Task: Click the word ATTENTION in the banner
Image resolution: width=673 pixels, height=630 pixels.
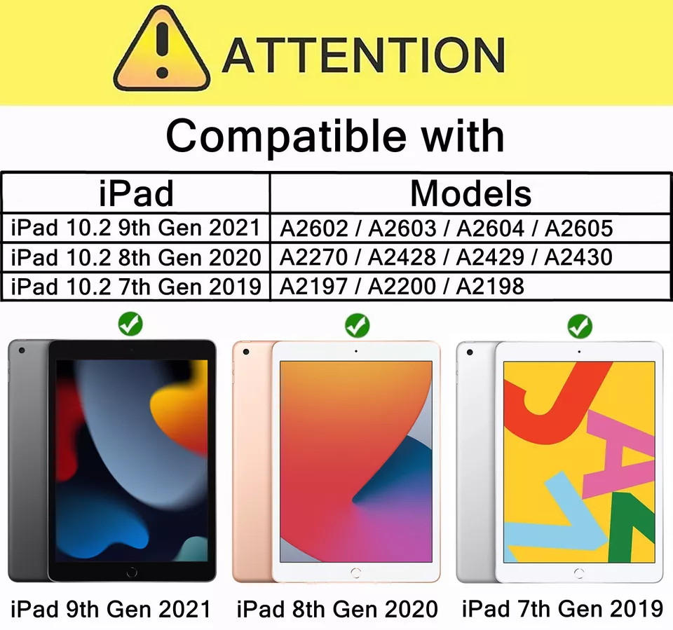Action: click(x=363, y=55)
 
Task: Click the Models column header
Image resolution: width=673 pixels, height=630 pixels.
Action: click(x=470, y=193)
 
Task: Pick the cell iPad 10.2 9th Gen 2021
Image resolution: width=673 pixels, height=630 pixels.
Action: click(x=136, y=228)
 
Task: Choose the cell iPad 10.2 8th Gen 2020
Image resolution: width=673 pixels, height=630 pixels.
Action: click(x=136, y=257)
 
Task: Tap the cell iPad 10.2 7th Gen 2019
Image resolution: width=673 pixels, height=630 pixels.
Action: click(x=136, y=287)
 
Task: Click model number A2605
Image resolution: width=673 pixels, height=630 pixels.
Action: click(x=578, y=228)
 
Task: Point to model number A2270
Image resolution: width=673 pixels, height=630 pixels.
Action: click(x=313, y=257)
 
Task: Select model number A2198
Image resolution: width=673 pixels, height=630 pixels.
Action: click(x=490, y=287)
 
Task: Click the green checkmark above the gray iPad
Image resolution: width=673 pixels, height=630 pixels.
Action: click(x=130, y=324)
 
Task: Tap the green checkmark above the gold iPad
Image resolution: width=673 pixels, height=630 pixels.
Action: click(x=358, y=324)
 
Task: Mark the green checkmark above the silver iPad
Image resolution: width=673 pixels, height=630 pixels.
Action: click(x=580, y=325)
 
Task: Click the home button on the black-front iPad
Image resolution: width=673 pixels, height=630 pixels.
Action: click(x=132, y=572)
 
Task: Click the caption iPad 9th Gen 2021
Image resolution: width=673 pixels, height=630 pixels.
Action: click(x=110, y=608)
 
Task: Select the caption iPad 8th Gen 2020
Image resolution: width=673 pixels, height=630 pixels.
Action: click(x=337, y=608)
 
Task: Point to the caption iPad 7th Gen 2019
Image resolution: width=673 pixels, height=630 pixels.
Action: click(x=562, y=608)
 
